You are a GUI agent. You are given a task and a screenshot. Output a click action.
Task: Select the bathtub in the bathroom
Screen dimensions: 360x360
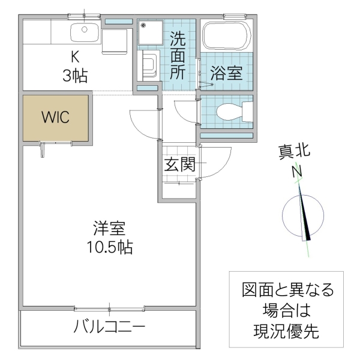pos(226,35)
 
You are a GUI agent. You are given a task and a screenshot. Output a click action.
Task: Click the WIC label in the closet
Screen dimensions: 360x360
pos(55,117)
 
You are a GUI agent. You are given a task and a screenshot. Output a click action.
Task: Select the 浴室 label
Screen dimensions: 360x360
pos(226,74)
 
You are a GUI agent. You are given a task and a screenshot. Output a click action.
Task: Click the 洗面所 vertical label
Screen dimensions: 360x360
pos(177,56)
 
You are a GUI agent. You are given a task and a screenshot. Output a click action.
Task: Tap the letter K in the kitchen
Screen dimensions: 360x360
pos(75,58)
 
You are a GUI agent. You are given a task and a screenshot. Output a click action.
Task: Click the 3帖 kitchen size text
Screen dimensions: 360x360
pos(75,76)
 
